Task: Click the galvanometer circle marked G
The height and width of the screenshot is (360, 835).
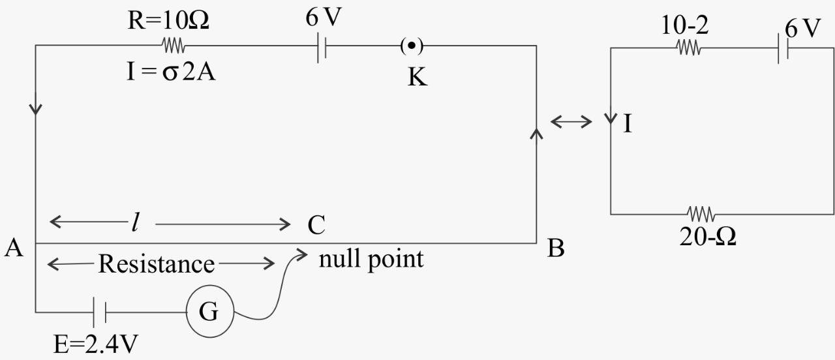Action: tap(209, 312)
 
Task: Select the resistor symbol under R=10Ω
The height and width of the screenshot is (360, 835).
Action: tap(174, 46)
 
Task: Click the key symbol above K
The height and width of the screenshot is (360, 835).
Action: tap(411, 46)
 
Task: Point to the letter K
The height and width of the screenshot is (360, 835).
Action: tap(417, 78)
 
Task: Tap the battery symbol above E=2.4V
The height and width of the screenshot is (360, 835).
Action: tap(99, 312)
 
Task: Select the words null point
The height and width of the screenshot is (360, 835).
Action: tap(371, 259)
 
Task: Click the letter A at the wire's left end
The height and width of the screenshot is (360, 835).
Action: tap(14, 248)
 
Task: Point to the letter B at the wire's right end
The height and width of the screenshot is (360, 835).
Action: tap(555, 248)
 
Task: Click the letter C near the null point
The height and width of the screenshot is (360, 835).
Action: tap(316, 225)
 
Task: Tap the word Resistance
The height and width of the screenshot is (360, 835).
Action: tap(156, 264)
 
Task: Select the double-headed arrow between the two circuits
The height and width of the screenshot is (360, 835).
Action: tap(571, 121)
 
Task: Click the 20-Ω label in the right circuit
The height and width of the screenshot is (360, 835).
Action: tap(708, 237)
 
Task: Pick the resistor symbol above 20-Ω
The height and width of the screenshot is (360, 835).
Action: tap(701, 213)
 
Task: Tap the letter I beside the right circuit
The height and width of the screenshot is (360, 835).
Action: tap(628, 124)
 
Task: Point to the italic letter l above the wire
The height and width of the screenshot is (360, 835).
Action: tap(135, 224)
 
